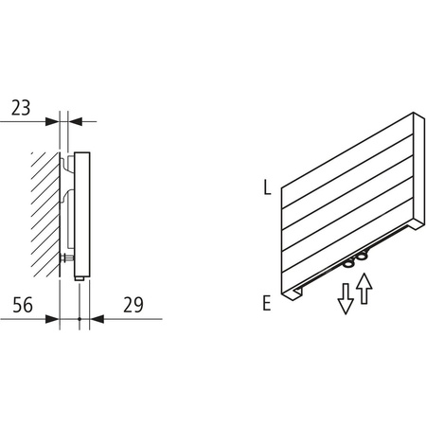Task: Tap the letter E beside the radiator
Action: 268,303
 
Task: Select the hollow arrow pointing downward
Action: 346,299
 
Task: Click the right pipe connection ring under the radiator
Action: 364,257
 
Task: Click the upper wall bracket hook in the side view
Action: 66,171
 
